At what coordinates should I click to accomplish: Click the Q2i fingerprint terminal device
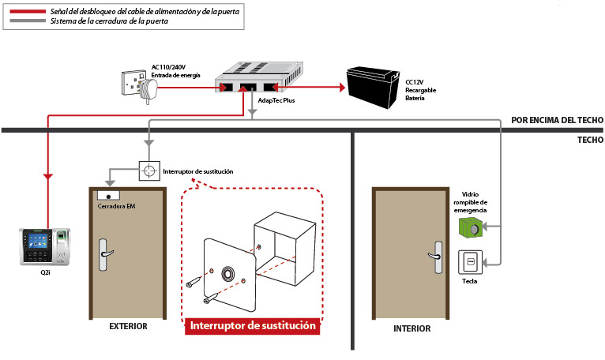pos(45,246)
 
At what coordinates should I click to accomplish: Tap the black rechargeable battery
pos(373,88)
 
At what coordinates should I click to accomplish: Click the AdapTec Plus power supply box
pos(258,77)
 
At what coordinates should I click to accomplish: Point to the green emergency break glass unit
pos(471,227)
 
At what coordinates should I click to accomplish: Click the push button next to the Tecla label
pos(471,262)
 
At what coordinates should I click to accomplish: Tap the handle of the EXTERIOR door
pos(104,255)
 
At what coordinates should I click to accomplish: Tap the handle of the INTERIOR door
pos(437,257)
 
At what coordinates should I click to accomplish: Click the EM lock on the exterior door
pos(108,196)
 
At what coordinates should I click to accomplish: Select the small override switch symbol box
pos(149,171)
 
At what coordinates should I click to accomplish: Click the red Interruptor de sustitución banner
pos(252,326)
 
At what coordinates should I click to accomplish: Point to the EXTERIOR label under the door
pos(128,326)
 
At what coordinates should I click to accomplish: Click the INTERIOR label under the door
pos(411,328)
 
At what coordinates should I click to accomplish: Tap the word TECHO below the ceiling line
pos(590,140)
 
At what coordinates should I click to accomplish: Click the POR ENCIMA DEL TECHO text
pos(557,120)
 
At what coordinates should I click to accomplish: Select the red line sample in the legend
pos(28,12)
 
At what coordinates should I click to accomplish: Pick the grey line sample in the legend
pos(28,21)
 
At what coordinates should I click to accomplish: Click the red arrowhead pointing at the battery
pos(342,88)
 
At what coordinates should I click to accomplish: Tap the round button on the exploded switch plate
pos(228,274)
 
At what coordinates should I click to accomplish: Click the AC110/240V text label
pos(168,67)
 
